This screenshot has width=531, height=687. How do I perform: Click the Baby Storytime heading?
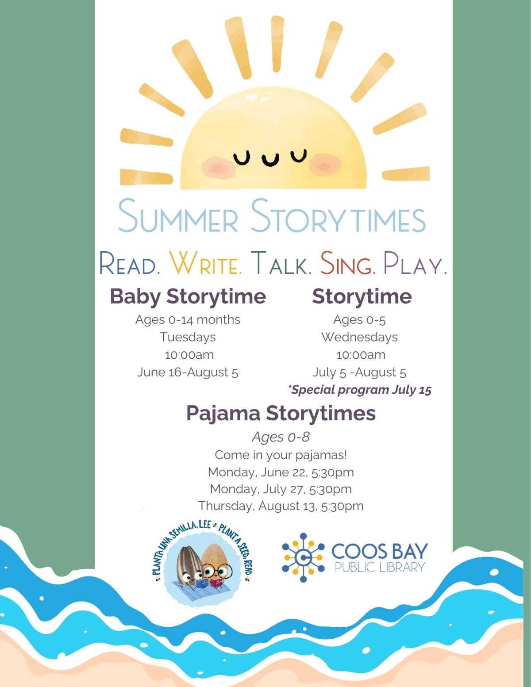pyautogui.click(x=188, y=296)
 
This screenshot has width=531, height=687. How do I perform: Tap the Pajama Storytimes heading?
pyautogui.click(x=281, y=413)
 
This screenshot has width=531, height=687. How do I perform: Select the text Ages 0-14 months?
pyautogui.click(x=188, y=319)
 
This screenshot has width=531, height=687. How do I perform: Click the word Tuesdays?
pyautogui.click(x=188, y=337)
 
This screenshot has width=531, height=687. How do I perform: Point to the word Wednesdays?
pyautogui.click(x=359, y=337)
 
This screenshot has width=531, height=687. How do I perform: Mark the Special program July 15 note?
pyautogui.click(x=359, y=390)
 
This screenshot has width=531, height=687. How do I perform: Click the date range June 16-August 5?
pyautogui.click(x=188, y=372)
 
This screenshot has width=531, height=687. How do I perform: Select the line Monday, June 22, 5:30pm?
pyautogui.click(x=281, y=472)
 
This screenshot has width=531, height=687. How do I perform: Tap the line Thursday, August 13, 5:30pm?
pyautogui.click(x=281, y=506)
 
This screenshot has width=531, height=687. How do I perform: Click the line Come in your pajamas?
pyautogui.click(x=281, y=455)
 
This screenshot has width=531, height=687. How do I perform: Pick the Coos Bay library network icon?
pyautogui.click(x=303, y=557)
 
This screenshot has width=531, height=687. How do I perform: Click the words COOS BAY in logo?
pyautogui.click(x=380, y=551)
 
